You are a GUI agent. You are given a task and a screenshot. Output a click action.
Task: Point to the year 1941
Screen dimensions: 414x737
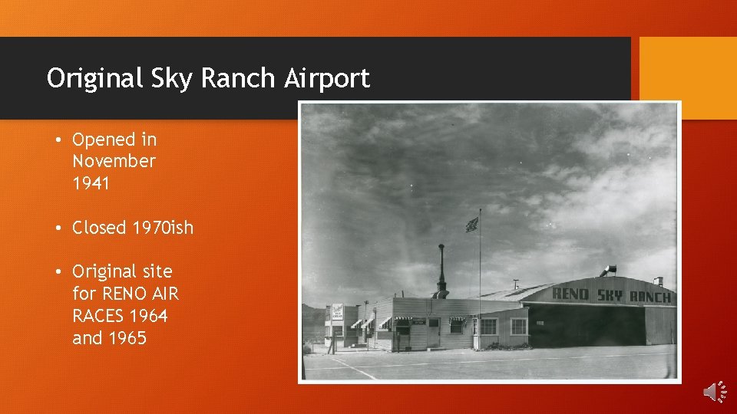pos(91,183)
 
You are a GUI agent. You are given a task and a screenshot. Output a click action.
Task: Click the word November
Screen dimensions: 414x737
pos(114,161)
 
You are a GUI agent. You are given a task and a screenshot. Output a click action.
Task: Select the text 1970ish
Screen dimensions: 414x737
pos(163,228)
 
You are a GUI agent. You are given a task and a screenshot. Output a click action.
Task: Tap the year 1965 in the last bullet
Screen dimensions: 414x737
pos(127,338)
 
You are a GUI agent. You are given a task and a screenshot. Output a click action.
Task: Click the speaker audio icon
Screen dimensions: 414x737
pos(714,392)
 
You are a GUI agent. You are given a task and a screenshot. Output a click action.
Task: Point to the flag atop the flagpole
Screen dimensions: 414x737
pos(471,225)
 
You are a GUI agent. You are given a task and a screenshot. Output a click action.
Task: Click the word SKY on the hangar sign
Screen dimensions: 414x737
pos(610,294)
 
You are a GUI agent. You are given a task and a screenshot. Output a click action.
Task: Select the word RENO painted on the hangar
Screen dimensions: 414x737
pos(570,294)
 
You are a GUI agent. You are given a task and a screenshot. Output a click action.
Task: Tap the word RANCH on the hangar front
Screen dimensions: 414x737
pos(650,297)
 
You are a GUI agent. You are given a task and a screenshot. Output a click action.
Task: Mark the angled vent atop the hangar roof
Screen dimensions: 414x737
pos(609,271)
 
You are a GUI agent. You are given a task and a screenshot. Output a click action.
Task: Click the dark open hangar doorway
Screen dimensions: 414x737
pos(583,326)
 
